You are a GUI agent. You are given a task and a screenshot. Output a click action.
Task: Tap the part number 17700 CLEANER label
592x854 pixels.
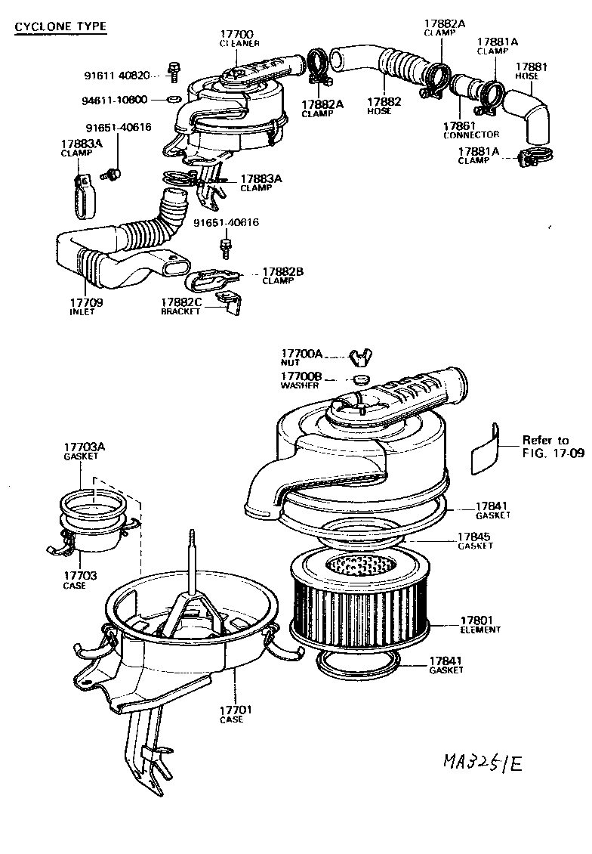239,39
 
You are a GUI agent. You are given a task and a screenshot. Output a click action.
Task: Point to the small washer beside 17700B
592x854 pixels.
362,379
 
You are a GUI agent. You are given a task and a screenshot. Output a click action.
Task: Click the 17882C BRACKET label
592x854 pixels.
181,306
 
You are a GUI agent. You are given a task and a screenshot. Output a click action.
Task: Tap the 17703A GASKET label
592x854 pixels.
84,452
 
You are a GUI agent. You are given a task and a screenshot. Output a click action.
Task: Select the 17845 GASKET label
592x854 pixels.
474,540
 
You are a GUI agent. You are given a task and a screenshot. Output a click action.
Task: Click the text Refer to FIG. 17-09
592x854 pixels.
545,447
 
